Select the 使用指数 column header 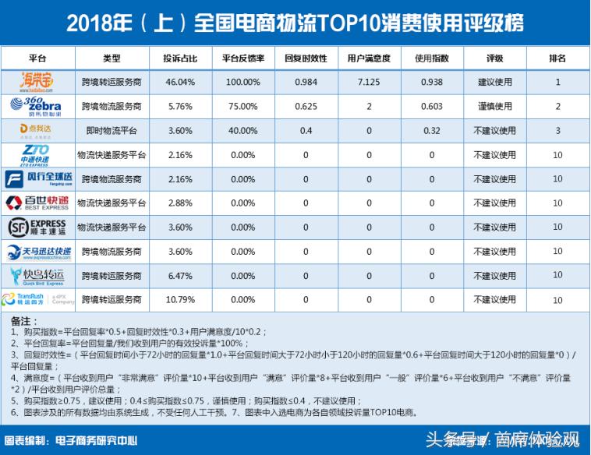(432, 58)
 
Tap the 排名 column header (557, 58)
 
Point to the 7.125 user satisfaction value (369, 82)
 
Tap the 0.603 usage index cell (432, 106)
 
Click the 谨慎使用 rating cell (495, 106)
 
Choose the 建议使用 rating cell (495, 82)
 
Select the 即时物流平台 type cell (111, 130)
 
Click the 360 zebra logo (37, 106)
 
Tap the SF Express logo (37, 227)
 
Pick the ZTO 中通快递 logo (37, 154)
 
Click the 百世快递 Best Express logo (37, 203)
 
